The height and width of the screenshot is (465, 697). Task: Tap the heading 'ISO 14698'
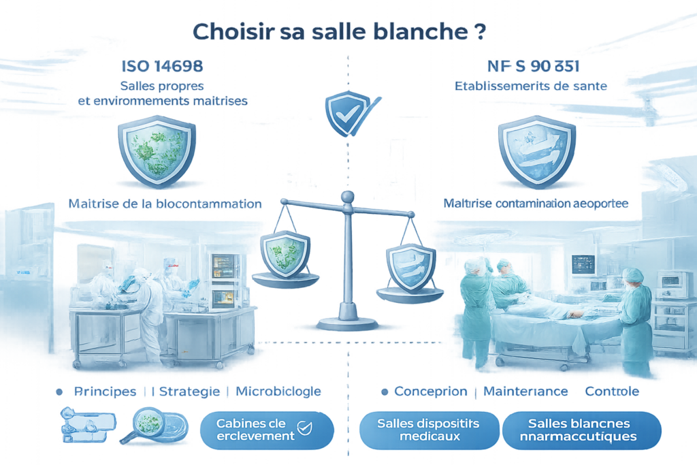point(162,66)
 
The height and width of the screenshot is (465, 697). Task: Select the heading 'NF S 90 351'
point(533,66)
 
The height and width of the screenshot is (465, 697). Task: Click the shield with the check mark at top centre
point(346,113)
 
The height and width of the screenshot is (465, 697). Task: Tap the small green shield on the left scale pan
point(285,252)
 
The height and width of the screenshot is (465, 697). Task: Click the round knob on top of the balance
point(348,197)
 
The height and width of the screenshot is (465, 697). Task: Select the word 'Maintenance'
point(525,391)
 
